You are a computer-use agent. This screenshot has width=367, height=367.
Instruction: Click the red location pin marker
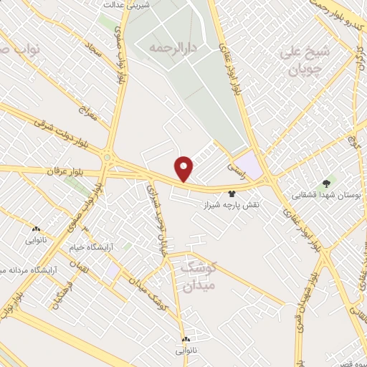(x=185, y=168)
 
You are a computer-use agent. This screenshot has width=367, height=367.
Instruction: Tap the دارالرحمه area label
(x=172, y=47)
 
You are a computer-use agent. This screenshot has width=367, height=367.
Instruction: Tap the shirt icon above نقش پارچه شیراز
(x=232, y=194)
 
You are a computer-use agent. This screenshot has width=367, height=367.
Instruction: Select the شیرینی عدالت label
(x=127, y=4)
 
